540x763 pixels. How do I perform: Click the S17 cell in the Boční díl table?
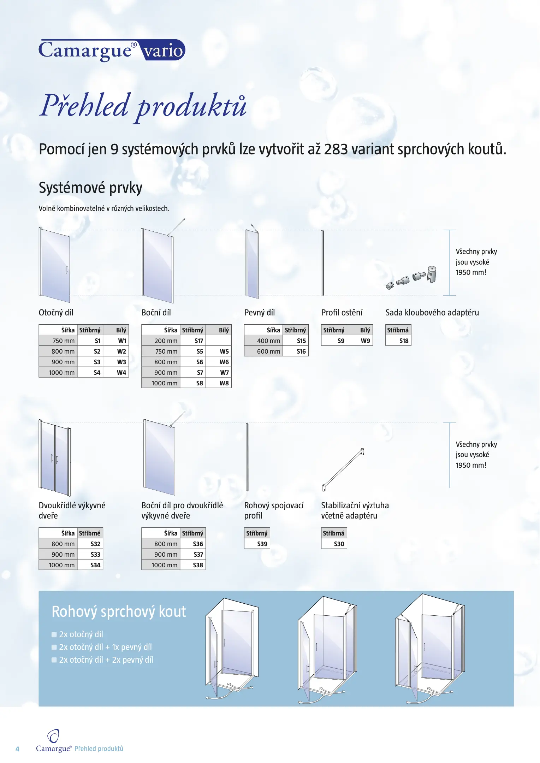(x=199, y=341)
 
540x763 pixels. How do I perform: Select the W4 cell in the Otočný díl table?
(x=121, y=373)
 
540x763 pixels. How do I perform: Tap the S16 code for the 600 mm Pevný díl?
(x=301, y=351)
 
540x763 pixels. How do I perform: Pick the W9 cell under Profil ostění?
(x=365, y=341)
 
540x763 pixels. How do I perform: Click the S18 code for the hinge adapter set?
(x=404, y=341)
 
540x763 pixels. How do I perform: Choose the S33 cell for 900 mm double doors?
(x=95, y=555)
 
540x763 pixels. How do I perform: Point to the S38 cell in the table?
(x=198, y=565)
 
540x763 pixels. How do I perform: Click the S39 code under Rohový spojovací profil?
(x=262, y=544)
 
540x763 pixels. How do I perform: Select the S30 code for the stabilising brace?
(x=339, y=544)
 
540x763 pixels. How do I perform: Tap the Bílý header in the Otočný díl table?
(x=121, y=330)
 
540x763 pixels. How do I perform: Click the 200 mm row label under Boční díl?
(x=166, y=341)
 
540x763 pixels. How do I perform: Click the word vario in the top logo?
(x=163, y=51)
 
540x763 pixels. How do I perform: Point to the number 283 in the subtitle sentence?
(x=336, y=149)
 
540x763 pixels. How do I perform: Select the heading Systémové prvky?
(x=90, y=188)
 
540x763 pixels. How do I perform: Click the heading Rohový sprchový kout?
(x=119, y=612)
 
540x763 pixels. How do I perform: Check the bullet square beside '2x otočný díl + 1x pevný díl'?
(x=54, y=647)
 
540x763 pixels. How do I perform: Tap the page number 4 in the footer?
(x=17, y=749)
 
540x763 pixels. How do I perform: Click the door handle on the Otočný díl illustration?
(x=66, y=270)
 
